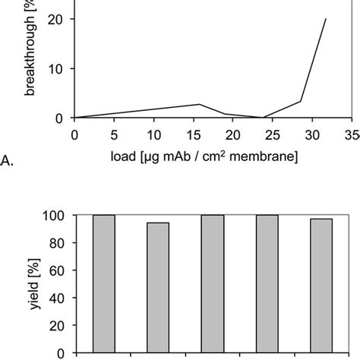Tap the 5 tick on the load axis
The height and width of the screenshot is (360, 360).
(113, 135)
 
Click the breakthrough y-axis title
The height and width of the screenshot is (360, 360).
(31, 61)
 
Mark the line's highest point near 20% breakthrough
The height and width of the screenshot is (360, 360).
(326, 19)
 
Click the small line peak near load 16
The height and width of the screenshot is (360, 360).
(200, 104)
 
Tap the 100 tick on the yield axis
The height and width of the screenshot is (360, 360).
(54, 216)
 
